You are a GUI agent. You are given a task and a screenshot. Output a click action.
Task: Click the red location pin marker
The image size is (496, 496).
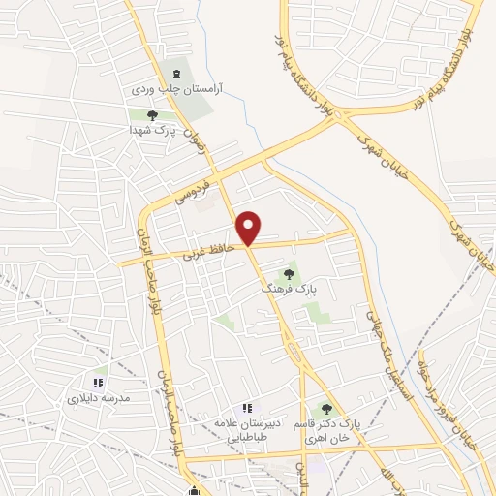250,228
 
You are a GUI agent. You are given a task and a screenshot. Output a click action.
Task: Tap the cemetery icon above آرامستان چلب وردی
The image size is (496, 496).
176,73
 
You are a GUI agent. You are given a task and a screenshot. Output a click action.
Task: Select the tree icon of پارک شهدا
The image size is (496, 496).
152,115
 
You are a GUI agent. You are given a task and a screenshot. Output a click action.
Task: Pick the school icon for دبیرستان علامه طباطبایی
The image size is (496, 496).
248,409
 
